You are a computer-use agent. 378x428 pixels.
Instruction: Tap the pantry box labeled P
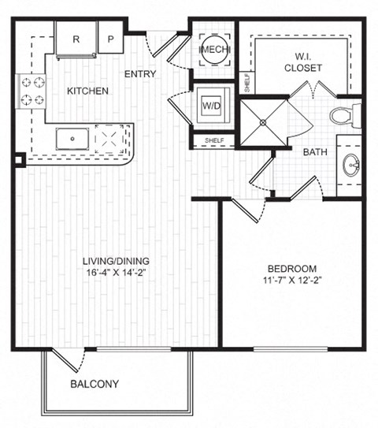point(110,39)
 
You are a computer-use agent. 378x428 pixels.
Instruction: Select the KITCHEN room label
point(87,91)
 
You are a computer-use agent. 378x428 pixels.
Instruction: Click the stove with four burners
point(31,90)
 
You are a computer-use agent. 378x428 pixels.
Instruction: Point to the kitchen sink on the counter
point(74,140)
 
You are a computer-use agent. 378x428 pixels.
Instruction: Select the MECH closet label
point(213,51)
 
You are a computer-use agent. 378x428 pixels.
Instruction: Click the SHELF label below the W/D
point(213,141)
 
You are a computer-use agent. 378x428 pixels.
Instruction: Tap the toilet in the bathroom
point(343,116)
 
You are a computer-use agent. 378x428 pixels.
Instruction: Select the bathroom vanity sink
point(350,166)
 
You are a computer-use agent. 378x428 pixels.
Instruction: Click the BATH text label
point(316,152)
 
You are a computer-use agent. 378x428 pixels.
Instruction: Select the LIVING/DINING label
point(117,261)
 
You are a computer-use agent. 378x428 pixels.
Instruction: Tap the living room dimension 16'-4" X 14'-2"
point(117,274)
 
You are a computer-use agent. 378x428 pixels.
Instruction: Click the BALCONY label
point(94,385)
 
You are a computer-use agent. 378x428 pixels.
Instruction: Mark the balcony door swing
point(67,360)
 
